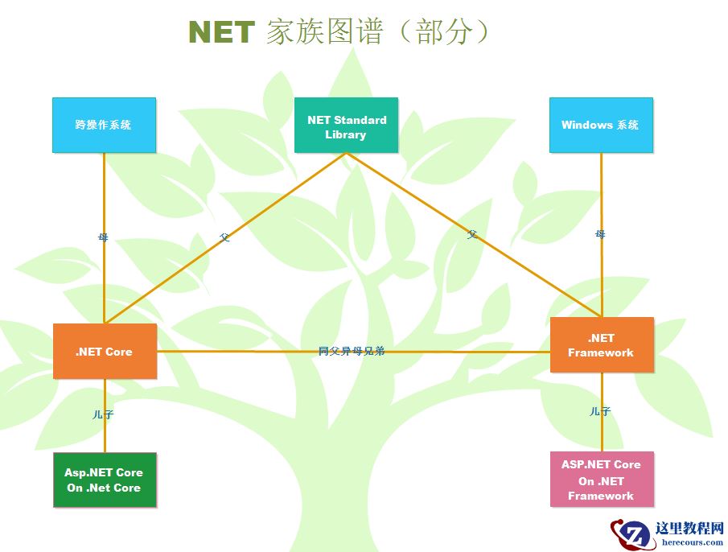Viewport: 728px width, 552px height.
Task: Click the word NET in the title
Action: (221, 32)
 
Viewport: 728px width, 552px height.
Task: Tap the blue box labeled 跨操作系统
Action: (104, 125)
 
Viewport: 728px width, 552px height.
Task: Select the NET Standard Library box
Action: (346, 125)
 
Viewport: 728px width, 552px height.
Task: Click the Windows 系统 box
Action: (601, 125)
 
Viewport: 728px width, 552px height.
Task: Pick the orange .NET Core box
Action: (105, 352)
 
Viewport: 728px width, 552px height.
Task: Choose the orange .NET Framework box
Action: (601, 345)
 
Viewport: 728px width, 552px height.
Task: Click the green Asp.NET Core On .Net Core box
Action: (105, 480)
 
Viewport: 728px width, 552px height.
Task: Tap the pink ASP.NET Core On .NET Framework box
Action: (601, 480)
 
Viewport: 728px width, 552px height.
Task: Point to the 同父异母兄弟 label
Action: (352, 351)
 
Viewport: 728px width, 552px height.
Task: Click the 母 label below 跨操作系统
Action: (103, 237)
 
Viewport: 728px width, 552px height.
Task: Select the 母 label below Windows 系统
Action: (600, 234)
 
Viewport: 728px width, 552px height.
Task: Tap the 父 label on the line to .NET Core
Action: (224, 238)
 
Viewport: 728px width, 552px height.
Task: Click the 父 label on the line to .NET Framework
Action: (472, 234)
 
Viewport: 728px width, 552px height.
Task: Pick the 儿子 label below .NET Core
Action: (103, 414)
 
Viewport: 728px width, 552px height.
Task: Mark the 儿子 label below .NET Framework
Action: (600, 411)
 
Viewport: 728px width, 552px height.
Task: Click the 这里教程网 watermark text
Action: (689, 528)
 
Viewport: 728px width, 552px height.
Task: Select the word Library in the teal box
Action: (346, 134)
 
